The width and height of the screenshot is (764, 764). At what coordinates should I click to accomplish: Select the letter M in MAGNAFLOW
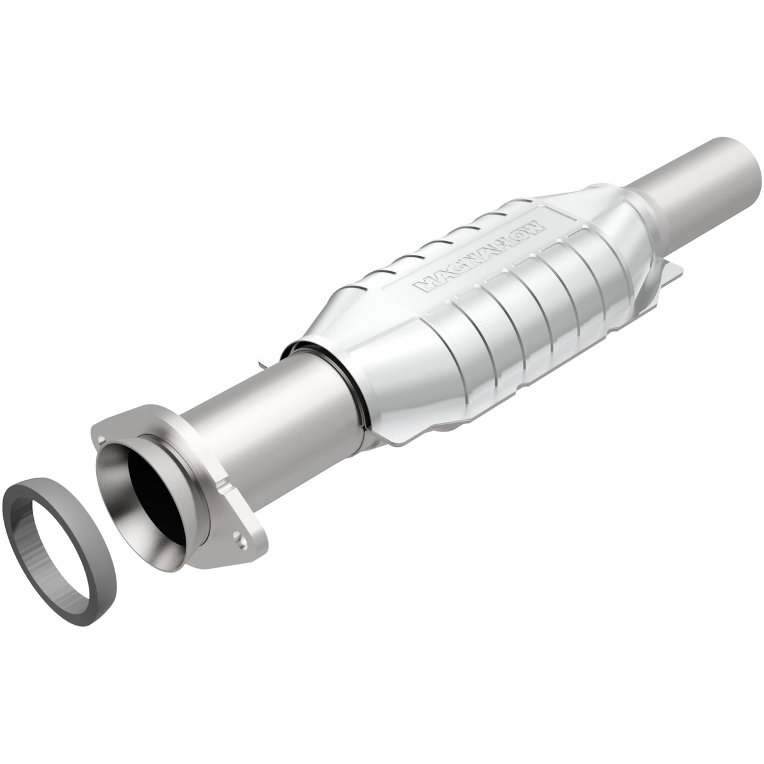click(423, 287)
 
